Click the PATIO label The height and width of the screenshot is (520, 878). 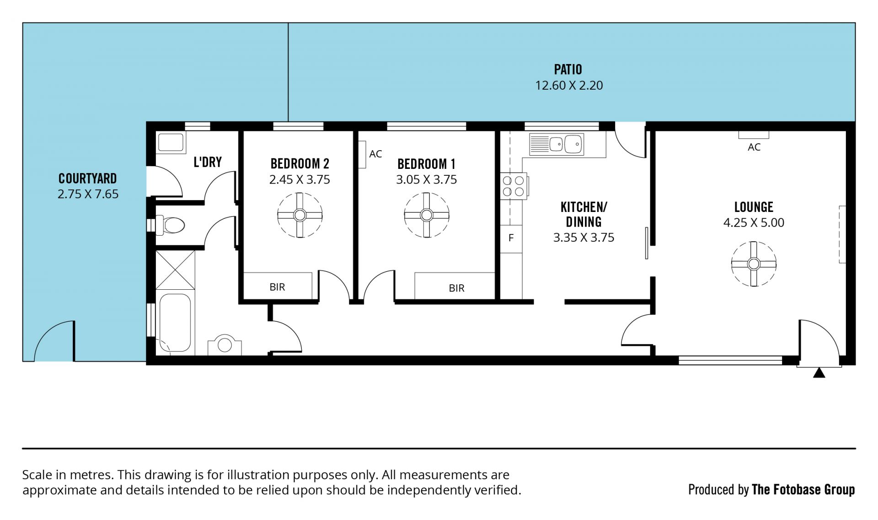point(568,70)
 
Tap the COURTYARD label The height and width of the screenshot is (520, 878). point(88,179)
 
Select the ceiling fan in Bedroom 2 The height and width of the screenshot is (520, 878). point(300,215)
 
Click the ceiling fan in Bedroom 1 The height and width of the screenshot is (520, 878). point(427,215)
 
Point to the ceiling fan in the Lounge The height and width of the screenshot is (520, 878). point(754,264)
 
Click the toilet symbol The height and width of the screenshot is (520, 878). point(171,225)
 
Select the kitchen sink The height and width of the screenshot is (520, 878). point(557,145)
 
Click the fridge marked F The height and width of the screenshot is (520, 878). point(511,238)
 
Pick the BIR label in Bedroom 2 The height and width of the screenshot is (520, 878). point(277,287)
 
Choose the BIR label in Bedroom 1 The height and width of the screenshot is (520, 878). point(456,288)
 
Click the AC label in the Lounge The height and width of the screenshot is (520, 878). point(754,147)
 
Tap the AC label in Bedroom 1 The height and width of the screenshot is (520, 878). point(375,154)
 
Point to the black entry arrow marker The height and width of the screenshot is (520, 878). point(819,373)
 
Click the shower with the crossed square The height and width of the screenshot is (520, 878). point(175,270)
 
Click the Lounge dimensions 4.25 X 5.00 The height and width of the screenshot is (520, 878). point(754,222)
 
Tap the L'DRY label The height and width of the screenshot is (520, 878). point(208,162)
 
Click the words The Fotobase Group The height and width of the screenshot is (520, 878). point(803,490)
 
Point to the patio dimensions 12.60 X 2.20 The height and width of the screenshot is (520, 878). point(569,86)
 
